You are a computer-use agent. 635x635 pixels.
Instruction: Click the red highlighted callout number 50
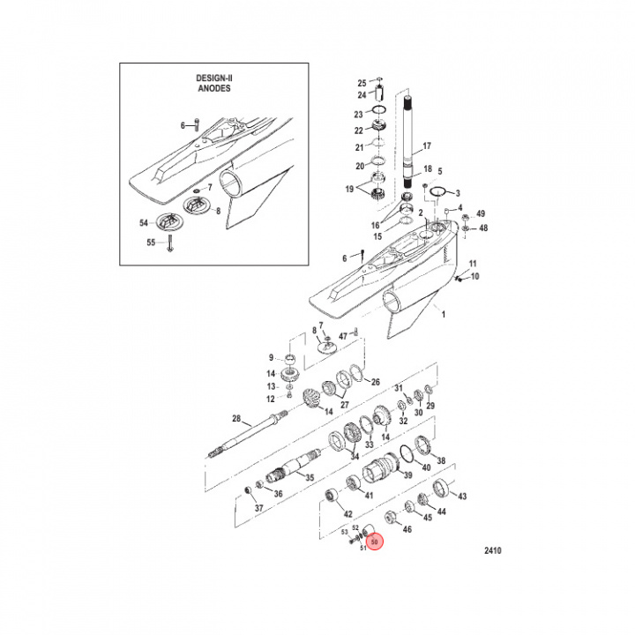(x=374, y=542)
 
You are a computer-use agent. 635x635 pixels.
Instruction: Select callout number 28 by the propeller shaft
(x=236, y=418)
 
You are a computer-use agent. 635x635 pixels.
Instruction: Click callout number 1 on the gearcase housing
(x=444, y=313)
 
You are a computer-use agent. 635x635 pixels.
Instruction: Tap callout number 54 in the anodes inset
(x=143, y=224)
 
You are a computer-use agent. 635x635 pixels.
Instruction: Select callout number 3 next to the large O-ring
(x=456, y=192)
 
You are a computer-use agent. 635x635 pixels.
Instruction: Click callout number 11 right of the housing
(x=473, y=264)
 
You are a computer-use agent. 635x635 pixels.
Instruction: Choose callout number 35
(x=310, y=477)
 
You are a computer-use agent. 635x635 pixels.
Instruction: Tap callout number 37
(x=258, y=509)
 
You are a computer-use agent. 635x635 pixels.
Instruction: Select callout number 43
(x=461, y=496)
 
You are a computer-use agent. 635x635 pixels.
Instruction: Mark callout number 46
(x=407, y=529)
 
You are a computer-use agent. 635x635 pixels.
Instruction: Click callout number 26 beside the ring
(x=375, y=382)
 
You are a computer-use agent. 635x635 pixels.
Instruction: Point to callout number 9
(x=272, y=357)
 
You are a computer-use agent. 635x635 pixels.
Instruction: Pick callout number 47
(x=342, y=335)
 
